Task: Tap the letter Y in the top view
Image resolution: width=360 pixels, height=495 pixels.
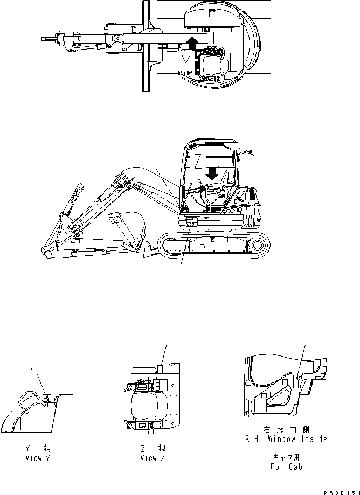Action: pos(186,64)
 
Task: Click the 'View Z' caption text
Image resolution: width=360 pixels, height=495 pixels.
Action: pos(152,458)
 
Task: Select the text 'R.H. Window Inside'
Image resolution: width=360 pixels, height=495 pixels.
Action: pos(286,440)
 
